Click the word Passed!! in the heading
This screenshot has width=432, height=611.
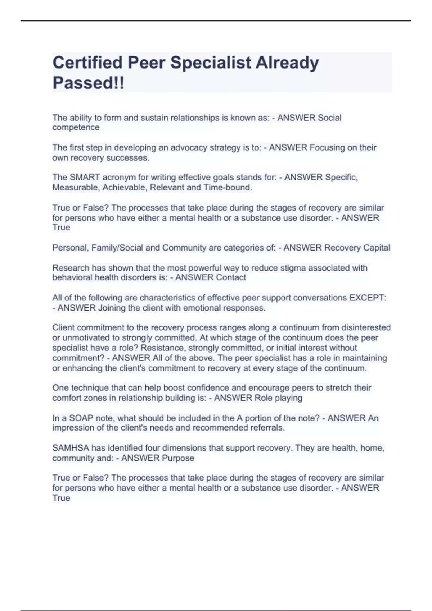click(x=88, y=83)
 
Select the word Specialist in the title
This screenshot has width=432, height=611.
click(x=211, y=63)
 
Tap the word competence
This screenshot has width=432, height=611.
click(x=76, y=128)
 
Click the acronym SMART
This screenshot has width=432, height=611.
click(x=85, y=178)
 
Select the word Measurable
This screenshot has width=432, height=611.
click(x=76, y=188)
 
